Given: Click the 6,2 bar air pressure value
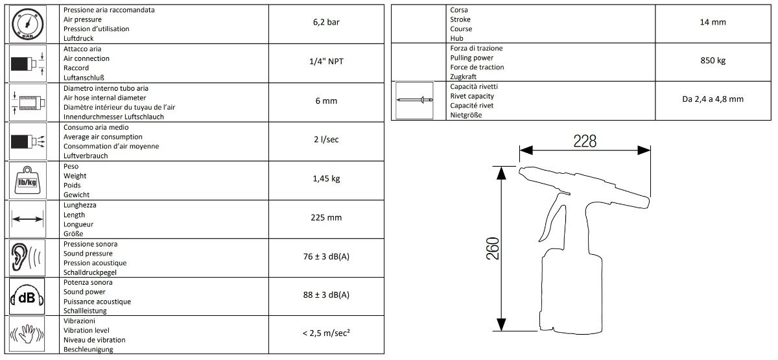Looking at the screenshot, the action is pyautogui.click(x=326, y=22).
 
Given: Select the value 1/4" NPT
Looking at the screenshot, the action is pyautogui.click(x=326, y=62).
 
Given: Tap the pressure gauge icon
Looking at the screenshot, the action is pyautogui.click(x=27, y=24).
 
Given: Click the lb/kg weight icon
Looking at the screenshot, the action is pyautogui.click(x=27, y=180).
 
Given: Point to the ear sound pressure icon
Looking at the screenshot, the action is pyautogui.click(x=26, y=258).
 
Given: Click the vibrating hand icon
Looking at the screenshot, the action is pyautogui.click(x=27, y=334).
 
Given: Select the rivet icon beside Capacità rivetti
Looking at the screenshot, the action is pyautogui.click(x=415, y=100).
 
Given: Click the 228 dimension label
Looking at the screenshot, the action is pyautogui.click(x=585, y=141).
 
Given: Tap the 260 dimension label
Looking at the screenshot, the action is pyautogui.click(x=493, y=248).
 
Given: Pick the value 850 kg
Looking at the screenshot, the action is pyautogui.click(x=713, y=60).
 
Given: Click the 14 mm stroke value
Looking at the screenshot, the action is pyautogui.click(x=713, y=22).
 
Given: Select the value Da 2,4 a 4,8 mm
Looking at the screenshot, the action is pyautogui.click(x=713, y=99).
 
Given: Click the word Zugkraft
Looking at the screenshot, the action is pyautogui.click(x=463, y=77).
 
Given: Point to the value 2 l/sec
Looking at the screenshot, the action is pyautogui.click(x=326, y=139).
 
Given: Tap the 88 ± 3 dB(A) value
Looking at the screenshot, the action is pyautogui.click(x=326, y=294).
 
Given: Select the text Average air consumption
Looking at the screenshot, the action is pyautogui.click(x=103, y=137).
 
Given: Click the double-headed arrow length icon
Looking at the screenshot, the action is pyautogui.click(x=27, y=219).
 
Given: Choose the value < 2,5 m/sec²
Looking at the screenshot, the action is pyautogui.click(x=326, y=333).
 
